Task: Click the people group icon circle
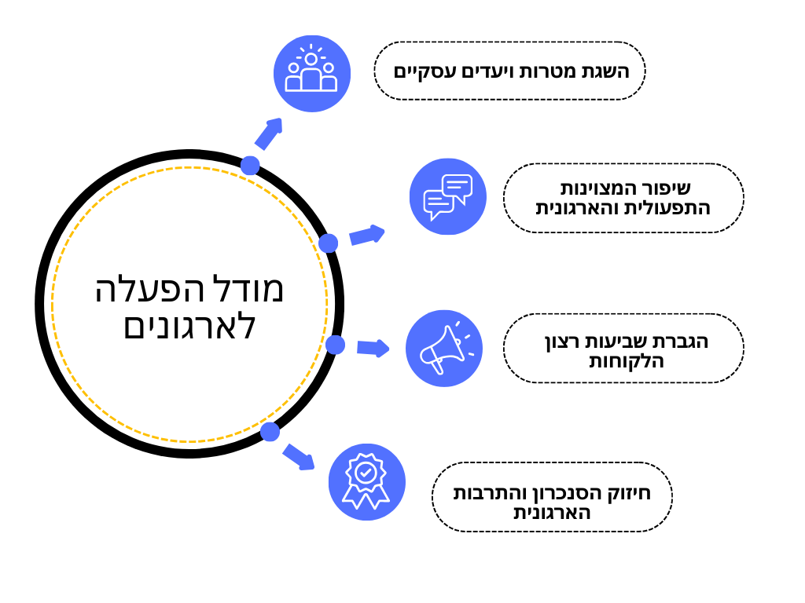(311, 73)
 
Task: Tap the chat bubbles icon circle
(447, 196)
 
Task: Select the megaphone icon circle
(444, 349)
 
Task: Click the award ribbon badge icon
(366, 482)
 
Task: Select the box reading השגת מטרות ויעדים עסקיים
(509, 71)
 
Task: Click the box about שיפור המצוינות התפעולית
(623, 198)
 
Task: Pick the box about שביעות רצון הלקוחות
(623, 349)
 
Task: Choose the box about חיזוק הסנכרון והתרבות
(552, 497)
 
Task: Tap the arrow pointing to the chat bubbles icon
(366, 235)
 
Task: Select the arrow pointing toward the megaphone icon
(373, 348)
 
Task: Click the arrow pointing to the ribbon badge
(298, 456)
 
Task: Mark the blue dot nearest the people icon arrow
(250, 165)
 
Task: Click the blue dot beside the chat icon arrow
(329, 243)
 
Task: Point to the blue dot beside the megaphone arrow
(335, 345)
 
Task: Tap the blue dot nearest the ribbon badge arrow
(270, 431)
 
